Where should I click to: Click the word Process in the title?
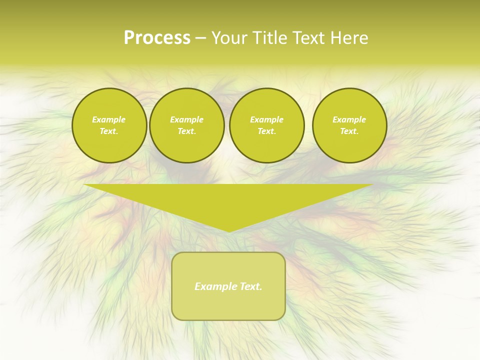(157, 38)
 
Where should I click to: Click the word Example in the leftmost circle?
(109, 119)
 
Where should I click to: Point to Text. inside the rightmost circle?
(349, 131)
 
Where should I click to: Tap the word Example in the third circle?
(267, 119)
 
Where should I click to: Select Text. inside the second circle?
(187, 131)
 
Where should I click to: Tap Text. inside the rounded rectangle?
(250, 286)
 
